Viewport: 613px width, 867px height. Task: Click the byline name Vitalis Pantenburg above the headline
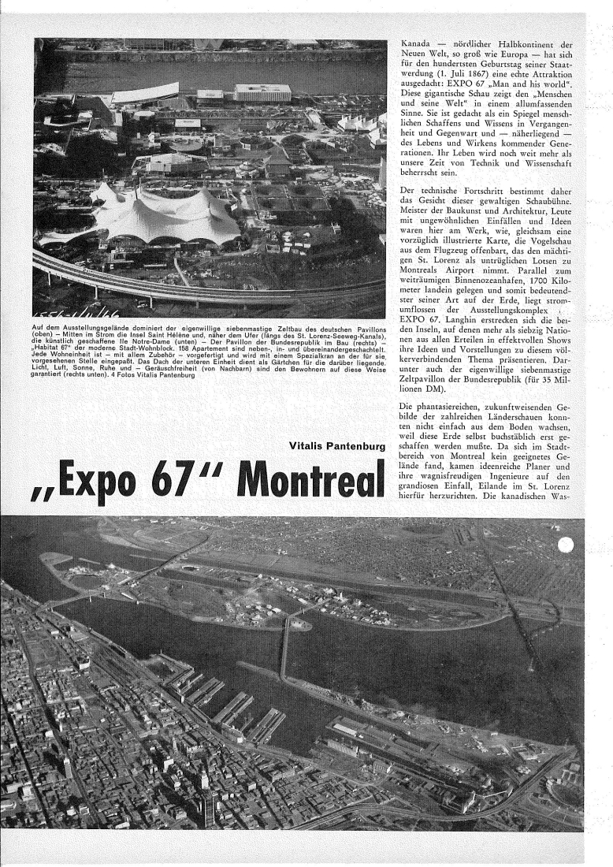click(x=338, y=447)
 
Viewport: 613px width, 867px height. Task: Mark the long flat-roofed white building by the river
click(x=262, y=92)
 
